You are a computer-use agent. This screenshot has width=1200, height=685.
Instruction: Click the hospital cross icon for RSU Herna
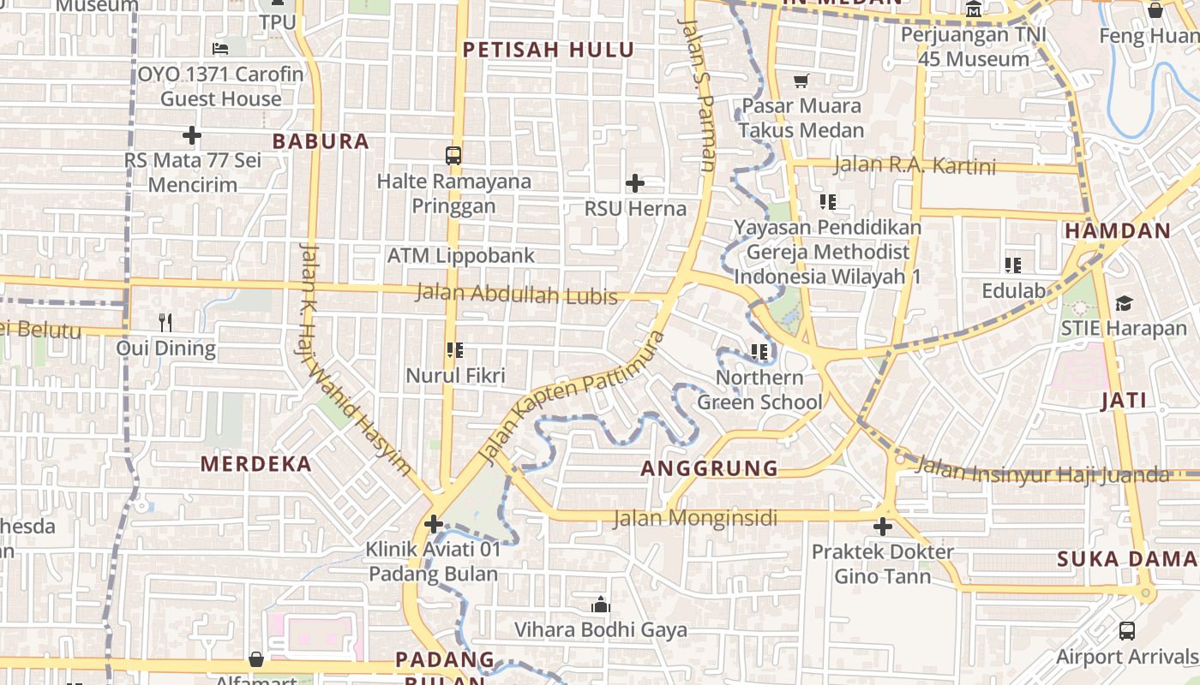click(x=634, y=183)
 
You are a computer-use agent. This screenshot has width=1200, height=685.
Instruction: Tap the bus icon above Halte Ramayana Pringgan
click(x=453, y=156)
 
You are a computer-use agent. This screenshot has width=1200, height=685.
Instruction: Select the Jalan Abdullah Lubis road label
click(x=516, y=295)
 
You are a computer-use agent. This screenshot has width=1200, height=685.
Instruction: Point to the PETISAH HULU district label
click(x=549, y=50)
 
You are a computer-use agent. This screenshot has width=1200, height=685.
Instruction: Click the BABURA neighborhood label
click(x=321, y=141)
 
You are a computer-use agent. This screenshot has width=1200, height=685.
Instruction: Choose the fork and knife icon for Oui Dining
click(x=165, y=323)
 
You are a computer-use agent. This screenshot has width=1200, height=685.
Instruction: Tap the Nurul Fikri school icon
click(x=455, y=349)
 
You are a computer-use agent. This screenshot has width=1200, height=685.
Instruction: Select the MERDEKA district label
click(x=256, y=464)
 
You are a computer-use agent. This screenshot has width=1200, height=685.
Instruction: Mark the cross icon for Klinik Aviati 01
click(x=434, y=523)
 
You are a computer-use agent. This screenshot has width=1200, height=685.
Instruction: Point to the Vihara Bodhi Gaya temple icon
click(x=600, y=605)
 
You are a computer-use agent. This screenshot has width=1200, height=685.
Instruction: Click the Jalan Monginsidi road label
click(x=695, y=518)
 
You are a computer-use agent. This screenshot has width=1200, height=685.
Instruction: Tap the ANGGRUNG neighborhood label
click(x=710, y=468)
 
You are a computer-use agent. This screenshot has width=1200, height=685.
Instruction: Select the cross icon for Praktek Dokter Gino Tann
click(x=883, y=527)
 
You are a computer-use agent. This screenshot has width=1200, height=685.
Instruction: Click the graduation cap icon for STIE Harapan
click(x=1124, y=303)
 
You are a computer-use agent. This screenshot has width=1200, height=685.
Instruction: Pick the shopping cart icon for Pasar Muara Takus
click(x=801, y=81)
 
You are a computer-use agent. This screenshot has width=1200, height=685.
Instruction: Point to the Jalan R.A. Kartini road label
click(x=914, y=165)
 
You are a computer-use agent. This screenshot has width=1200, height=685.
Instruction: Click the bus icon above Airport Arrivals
click(x=1126, y=631)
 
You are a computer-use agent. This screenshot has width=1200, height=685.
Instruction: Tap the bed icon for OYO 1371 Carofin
click(x=220, y=49)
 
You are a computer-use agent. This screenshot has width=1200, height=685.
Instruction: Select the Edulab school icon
click(x=1013, y=265)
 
